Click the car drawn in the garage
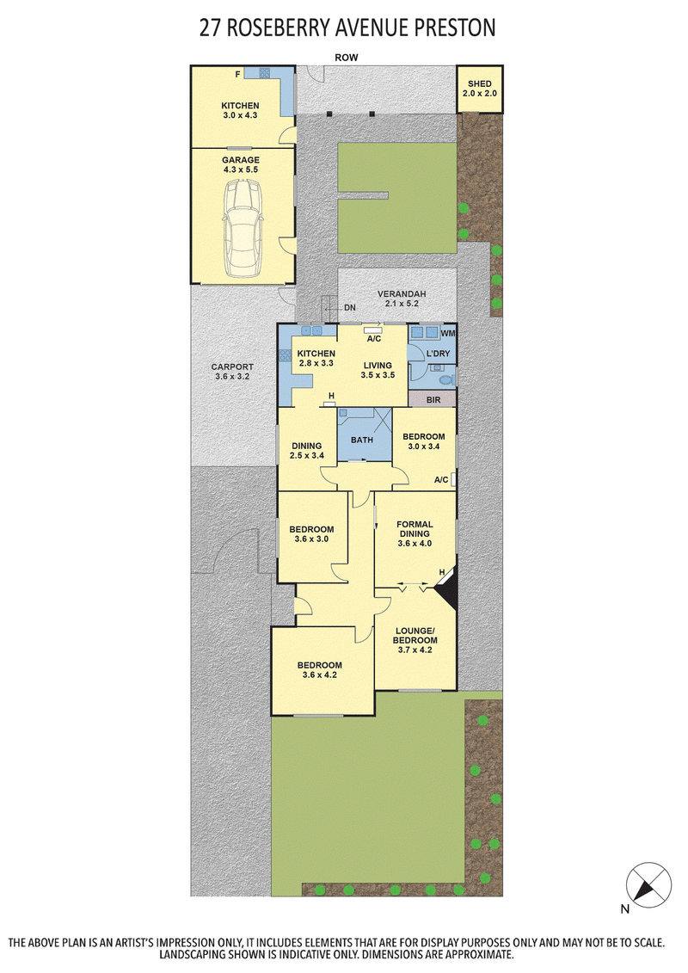pyautogui.click(x=243, y=231)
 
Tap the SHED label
pyautogui.click(x=479, y=83)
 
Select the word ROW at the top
pyautogui.click(x=347, y=58)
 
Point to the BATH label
pyautogui.click(x=362, y=440)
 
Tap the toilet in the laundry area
pyautogui.click(x=445, y=378)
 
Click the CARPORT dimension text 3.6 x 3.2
pyautogui.click(x=232, y=377)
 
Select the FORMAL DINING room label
pyautogui.click(x=415, y=529)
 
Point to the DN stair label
pyautogui.click(x=350, y=307)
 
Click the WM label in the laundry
pyautogui.click(x=447, y=333)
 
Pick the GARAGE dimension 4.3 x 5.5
pyautogui.click(x=241, y=169)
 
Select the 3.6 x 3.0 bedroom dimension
pyautogui.click(x=311, y=539)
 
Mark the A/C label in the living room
pyautogui.click(x=373, y=339)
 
